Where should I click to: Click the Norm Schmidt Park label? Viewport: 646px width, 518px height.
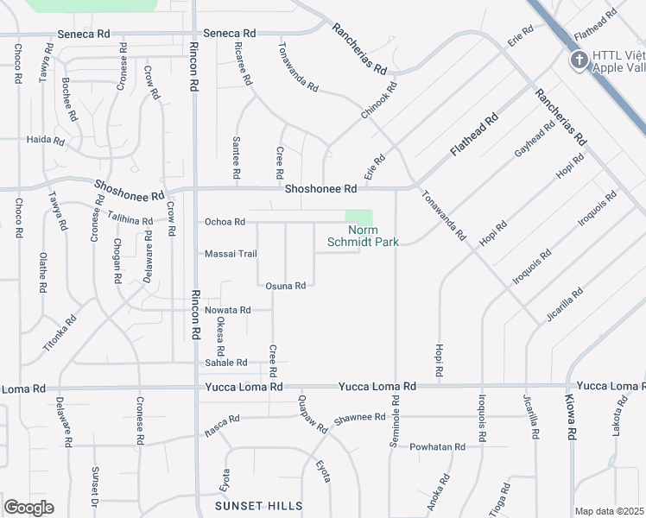click(363, 236)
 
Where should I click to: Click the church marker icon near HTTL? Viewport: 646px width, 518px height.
click(578, 59)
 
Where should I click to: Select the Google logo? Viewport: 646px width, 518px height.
click(28, 508)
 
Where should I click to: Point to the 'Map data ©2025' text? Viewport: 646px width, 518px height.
click(609, 511)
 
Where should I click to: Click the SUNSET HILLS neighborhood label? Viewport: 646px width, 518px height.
click(259, 505)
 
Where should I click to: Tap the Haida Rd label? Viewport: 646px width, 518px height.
click(46, 140)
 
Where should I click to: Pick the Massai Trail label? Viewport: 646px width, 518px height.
click(231, 254)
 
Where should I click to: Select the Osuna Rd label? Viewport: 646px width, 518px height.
click(286, 286)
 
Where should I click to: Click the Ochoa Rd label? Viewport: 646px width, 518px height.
click(225, 222)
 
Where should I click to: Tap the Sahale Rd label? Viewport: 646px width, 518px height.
click(226, 363)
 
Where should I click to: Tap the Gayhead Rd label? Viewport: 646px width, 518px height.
click(535, 139)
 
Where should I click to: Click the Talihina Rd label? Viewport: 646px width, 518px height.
click(130, 218)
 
